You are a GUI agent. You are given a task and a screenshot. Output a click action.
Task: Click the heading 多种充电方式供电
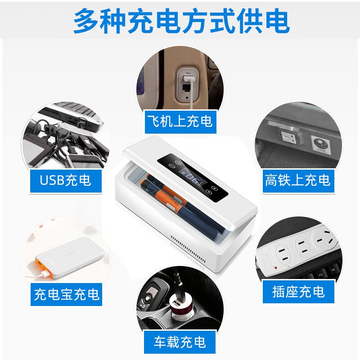[x=180, y=21]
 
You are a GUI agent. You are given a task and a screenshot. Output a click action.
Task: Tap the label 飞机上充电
[x=179, y=121]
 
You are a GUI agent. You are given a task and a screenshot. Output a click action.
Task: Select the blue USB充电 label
[x=65, y=180]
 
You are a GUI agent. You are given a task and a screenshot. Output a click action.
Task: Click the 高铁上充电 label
[x=297, y=180]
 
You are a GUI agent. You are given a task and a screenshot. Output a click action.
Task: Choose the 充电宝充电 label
[x=67, y=294]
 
